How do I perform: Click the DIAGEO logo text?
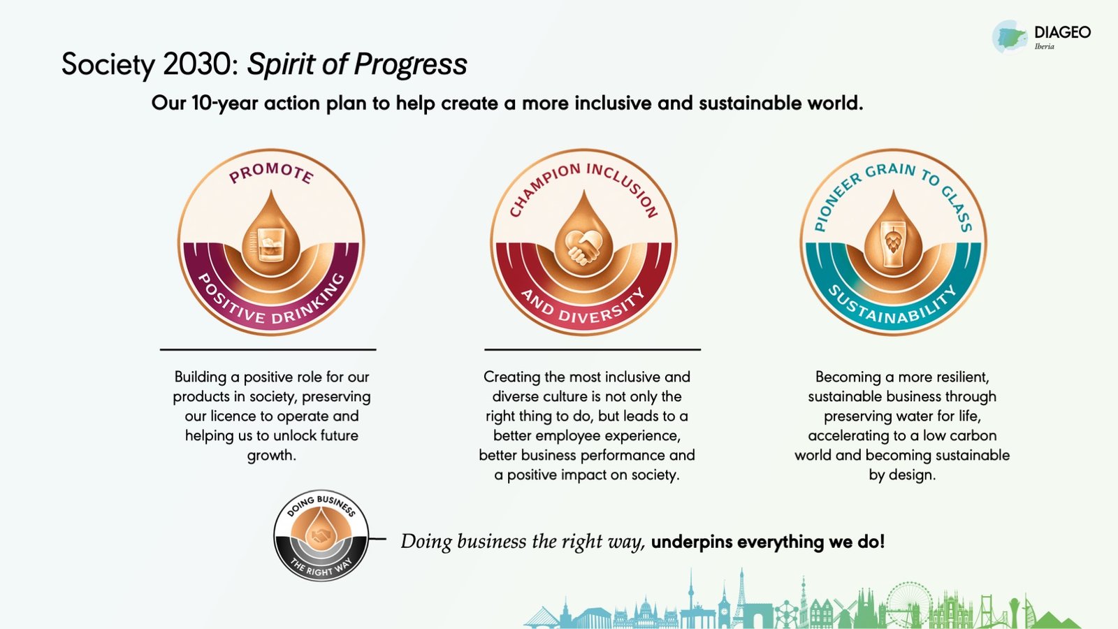coord(1063,32)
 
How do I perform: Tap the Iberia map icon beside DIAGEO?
coord(1010,37)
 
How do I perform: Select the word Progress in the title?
coord(411,65)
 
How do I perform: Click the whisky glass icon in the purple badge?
coord(271,245)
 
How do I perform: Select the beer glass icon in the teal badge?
coord(893,245)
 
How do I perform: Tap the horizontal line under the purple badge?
coord(268,349)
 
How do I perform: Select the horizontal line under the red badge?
coord(593,349)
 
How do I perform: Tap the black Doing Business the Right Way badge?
coord(321,535)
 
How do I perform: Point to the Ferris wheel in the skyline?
coord(909,604)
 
